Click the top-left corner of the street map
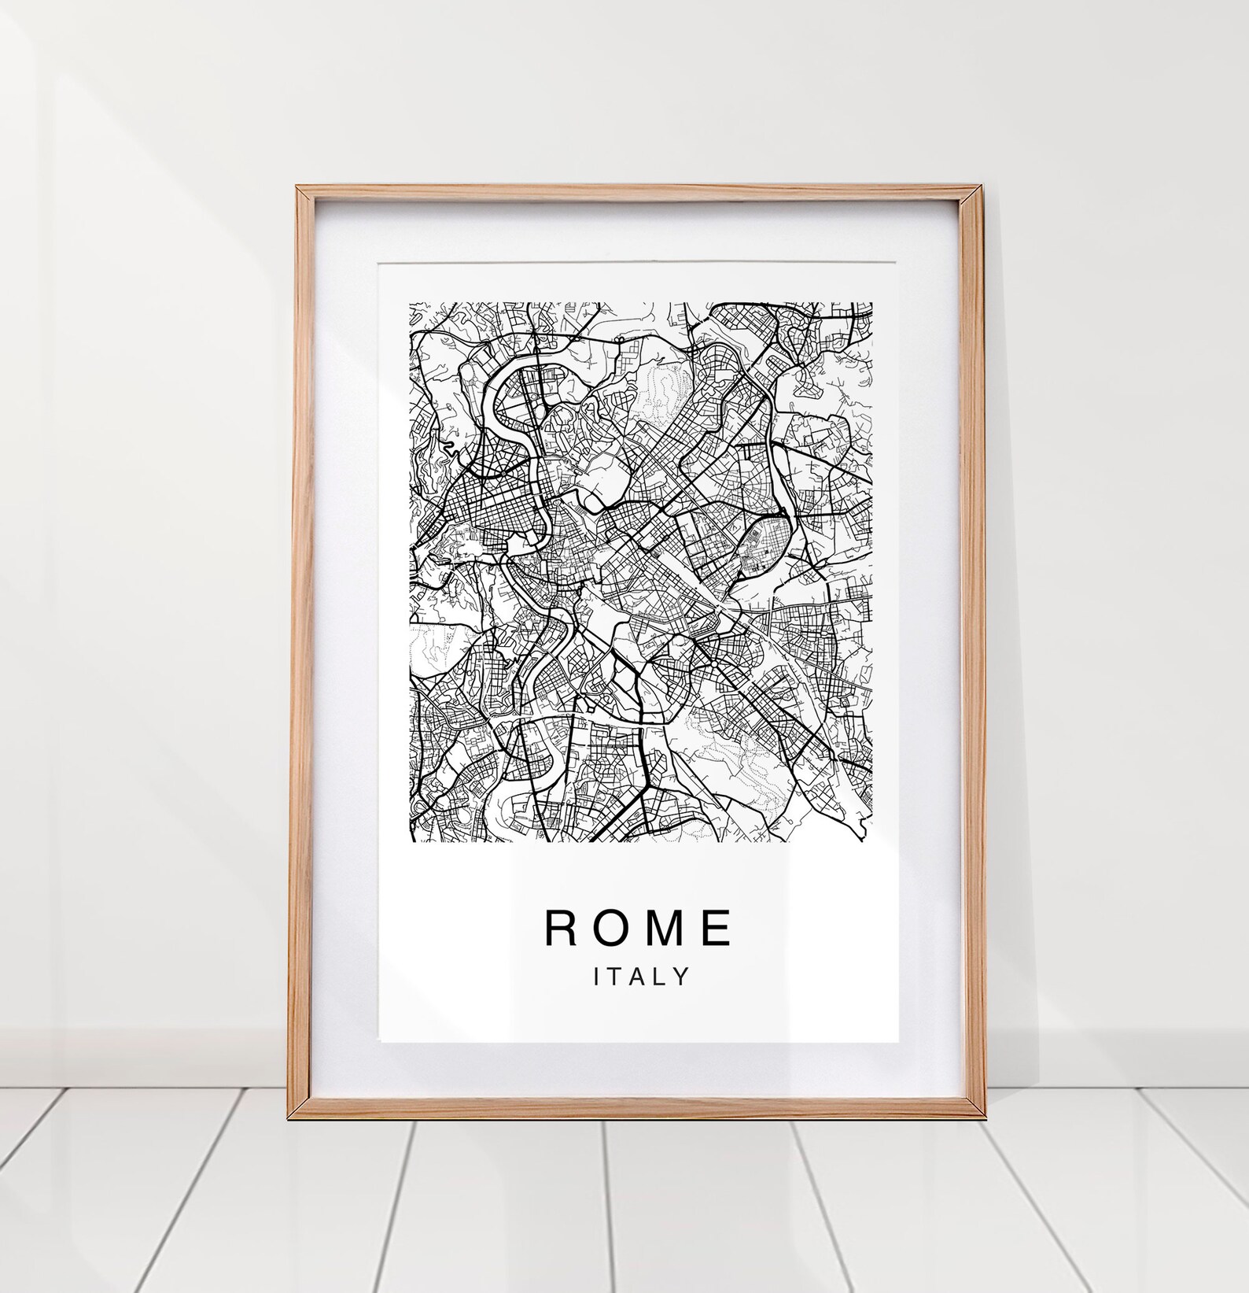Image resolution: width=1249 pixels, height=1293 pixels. point(409,303)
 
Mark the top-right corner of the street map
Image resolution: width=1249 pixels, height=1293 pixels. point(872,303)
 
